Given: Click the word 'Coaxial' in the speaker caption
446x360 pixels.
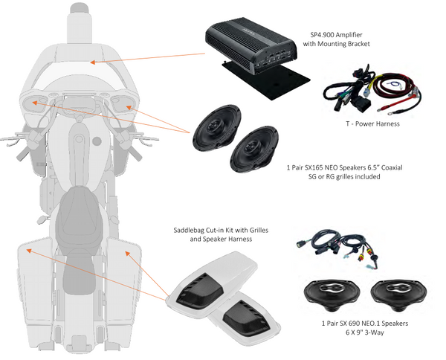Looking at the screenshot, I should (x=387, y=167).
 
